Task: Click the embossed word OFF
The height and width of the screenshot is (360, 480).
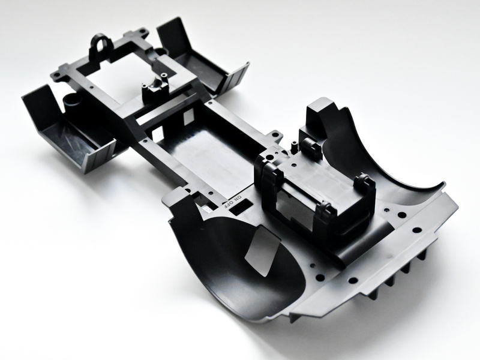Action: [x=230, y=204]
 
